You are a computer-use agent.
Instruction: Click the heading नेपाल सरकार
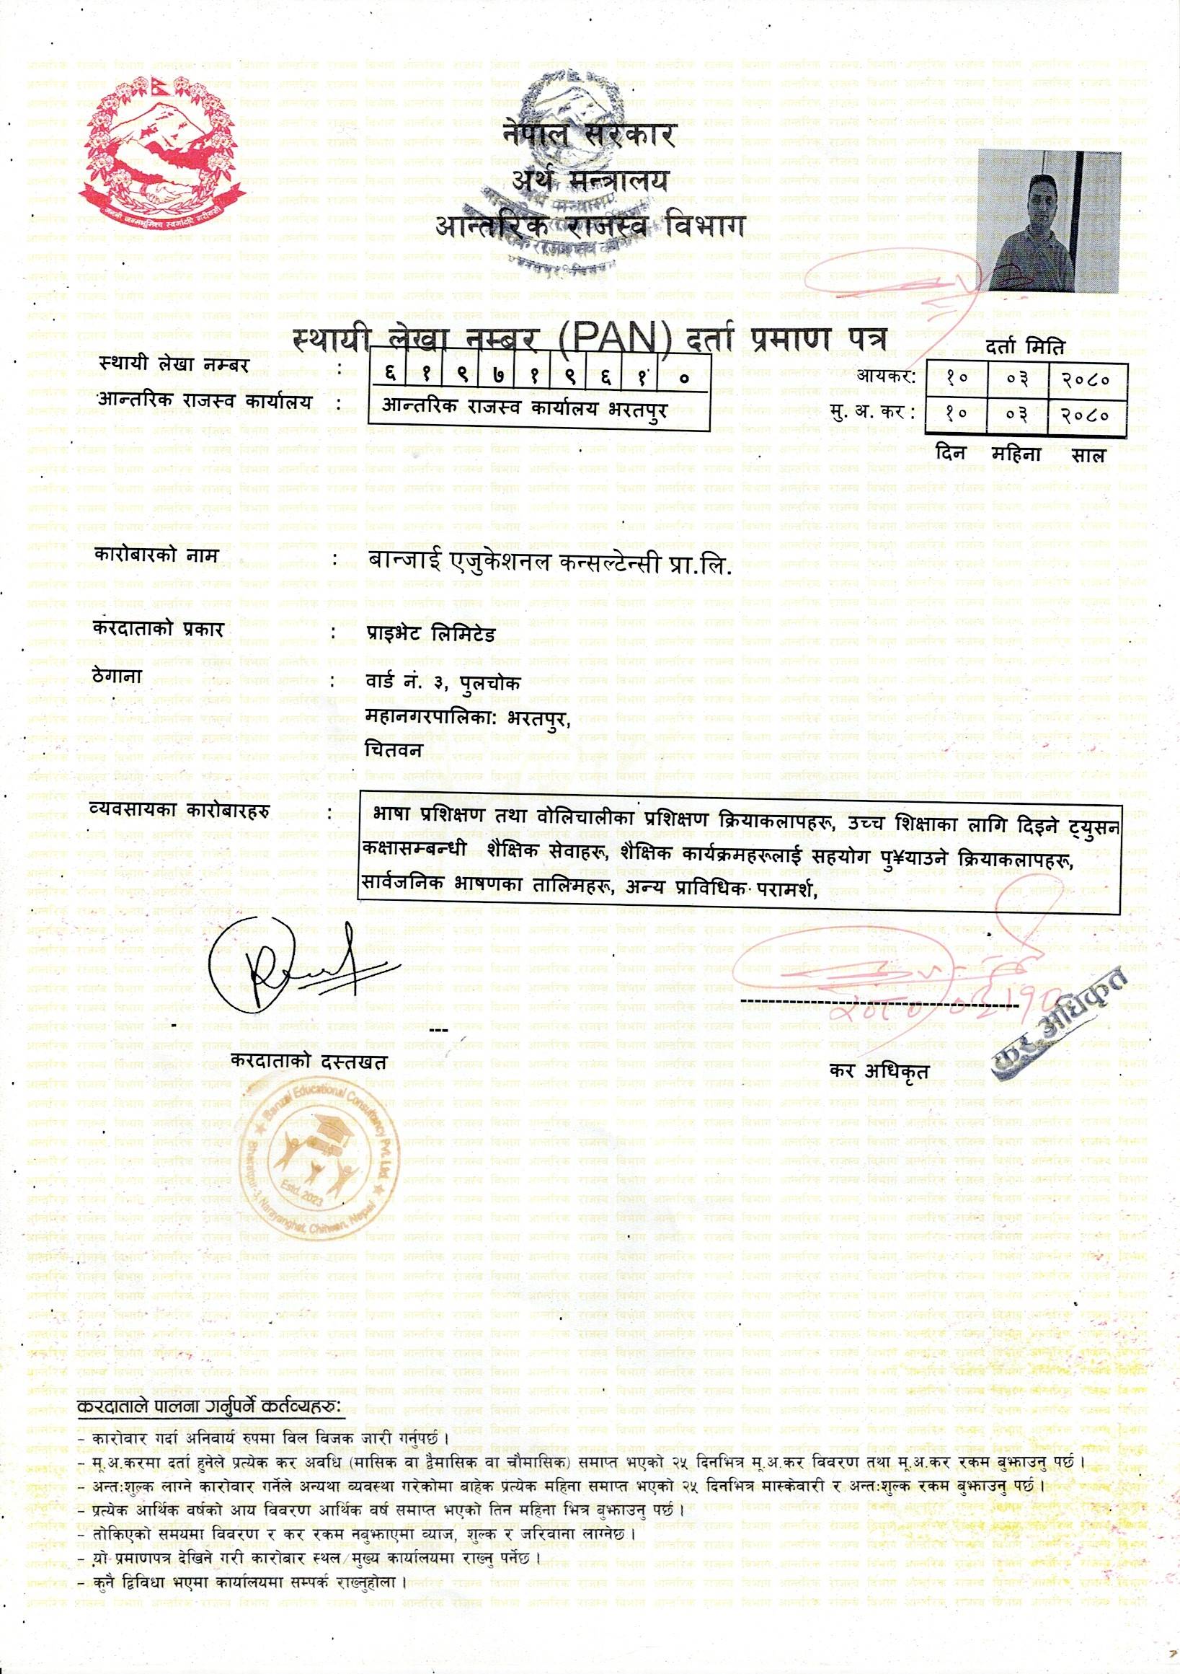[590, 136]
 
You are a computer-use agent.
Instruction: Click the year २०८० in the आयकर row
[1086, 380]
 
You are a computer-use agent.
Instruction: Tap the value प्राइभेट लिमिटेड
[430, 633]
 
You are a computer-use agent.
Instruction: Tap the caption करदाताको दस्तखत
[309, 1059]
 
